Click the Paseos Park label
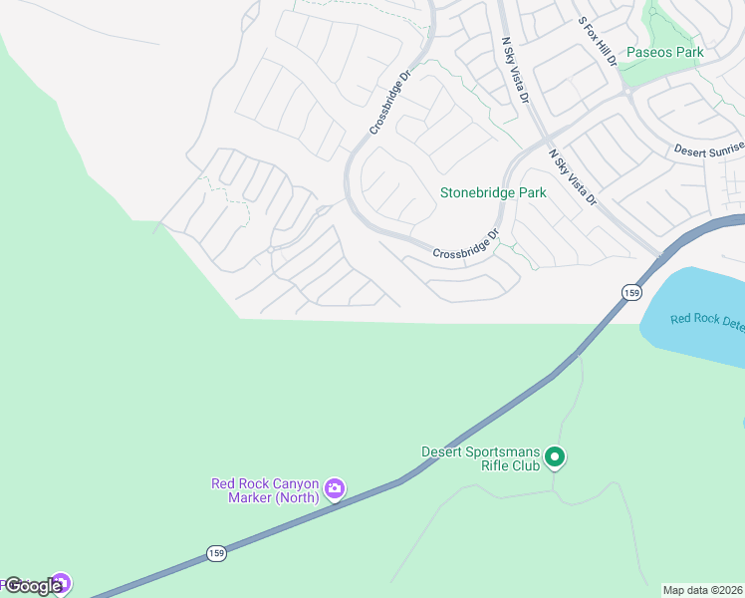click(x=664, y=52)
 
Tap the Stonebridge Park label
click(x=494, y=192)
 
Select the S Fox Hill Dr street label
click(x=598, y=40)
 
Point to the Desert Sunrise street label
click(x=708, y=149)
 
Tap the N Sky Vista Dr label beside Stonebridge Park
click(x=572, y=177)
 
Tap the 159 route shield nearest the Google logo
click(x=217, y=552)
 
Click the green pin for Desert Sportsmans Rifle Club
click(x=556, y=458)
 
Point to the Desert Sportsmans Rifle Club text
click(x=481, y=457)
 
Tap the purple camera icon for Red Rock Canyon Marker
click(x=335, y=488)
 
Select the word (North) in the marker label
click(x=296, y=497)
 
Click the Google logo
click(x=32, y=586)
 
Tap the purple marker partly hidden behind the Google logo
click(x=62, y=581)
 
